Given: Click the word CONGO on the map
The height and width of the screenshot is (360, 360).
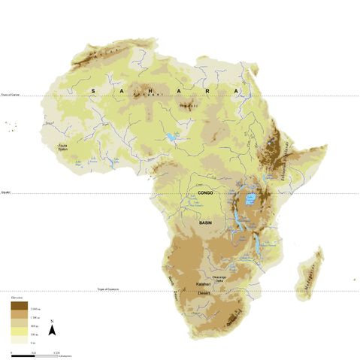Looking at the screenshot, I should click(204, 193).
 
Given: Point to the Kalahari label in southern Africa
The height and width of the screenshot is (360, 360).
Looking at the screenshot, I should click(202, 284).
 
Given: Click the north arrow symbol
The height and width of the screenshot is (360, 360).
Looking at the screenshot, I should click(51, 328).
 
